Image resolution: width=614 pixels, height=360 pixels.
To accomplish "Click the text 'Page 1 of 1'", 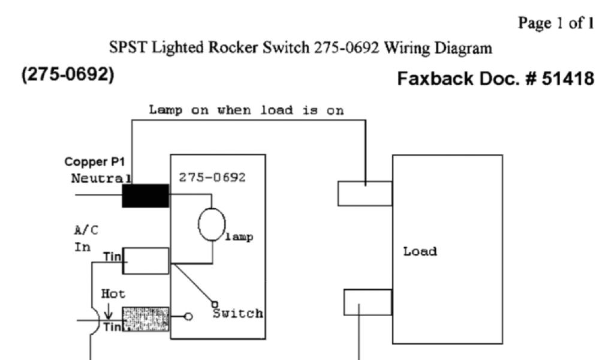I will click(x=556, y=23).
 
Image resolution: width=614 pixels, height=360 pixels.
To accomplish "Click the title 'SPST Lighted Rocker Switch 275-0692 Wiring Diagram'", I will click(x=301, y=49).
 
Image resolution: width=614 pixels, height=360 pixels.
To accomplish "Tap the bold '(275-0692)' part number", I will click(x=68, y=77).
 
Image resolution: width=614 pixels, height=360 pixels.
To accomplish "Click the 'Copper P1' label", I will click(x=91, y=162).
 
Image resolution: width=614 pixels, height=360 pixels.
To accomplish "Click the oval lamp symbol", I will click(x=211, y=225).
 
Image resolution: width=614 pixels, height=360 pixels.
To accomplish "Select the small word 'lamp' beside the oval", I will click(x=240, y=237).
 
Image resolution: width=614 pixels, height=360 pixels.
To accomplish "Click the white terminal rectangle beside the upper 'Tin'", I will click(x=146, y=261).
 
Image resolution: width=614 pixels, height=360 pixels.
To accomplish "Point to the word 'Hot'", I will click(x=113, y=294).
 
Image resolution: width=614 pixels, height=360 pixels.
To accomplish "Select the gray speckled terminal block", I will click(x=146, y=319).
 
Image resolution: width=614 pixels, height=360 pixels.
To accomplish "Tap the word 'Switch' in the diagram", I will click(x=238, y=313).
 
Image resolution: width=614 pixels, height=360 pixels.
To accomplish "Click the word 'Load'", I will click(x=420, y=251).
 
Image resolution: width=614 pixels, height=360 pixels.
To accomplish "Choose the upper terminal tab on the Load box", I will click(x=365, y=193).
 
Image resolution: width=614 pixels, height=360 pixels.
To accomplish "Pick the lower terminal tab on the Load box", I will click(x=367, y=302).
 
